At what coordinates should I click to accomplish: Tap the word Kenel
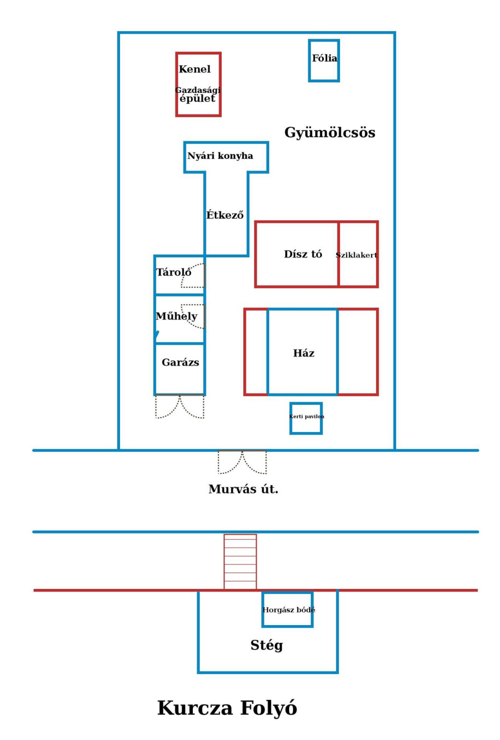pos(194,69)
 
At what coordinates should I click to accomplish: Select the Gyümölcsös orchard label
pos(330,132)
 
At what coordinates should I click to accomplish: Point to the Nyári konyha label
pos(220,155)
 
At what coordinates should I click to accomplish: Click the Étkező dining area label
pos(225,215)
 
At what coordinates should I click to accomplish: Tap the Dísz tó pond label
pos(303,254)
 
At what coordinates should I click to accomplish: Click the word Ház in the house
pos(304,353)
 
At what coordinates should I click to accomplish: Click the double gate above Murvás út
pos(242,462)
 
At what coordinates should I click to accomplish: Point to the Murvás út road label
pos(243,489)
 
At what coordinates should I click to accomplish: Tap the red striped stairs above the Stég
pos(240,561)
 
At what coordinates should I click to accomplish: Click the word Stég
pos(267,645)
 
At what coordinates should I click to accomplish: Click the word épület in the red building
pos(197,98)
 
